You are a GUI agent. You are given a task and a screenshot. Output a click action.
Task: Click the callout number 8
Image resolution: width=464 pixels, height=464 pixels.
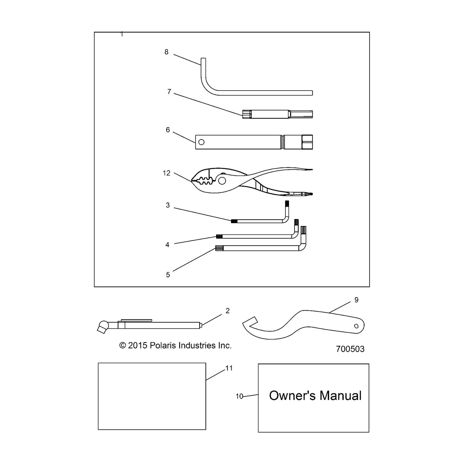click(x=166, y=52)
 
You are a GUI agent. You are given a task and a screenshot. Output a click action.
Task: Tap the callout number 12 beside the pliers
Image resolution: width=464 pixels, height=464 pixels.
click(x=166, y=173)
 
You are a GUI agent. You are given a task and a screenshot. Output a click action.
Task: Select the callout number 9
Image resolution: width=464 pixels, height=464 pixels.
click(x=356, y=300)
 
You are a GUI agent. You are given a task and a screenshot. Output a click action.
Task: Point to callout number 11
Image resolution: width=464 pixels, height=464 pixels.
click(x=229, y=368)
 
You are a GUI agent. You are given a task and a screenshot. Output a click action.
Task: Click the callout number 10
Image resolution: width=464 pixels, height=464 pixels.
click(x=239, y=396)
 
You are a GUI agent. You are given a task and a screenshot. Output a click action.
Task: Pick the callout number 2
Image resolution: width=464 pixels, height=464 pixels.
click(x=228, y=311)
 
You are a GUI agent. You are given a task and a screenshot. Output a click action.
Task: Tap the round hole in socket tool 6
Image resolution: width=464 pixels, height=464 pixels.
click(x=202, y=142)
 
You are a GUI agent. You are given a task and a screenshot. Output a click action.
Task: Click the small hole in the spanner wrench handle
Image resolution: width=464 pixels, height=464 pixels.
click(x=356, y=326)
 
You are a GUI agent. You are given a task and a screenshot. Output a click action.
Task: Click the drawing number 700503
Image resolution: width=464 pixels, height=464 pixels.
click(x=350, y=349)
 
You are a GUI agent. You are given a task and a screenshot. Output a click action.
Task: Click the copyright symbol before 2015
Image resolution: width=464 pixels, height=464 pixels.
click(x=123, y=346)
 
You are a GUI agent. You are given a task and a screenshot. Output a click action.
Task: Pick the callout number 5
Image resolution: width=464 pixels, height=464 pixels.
click(x=168, y=275)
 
